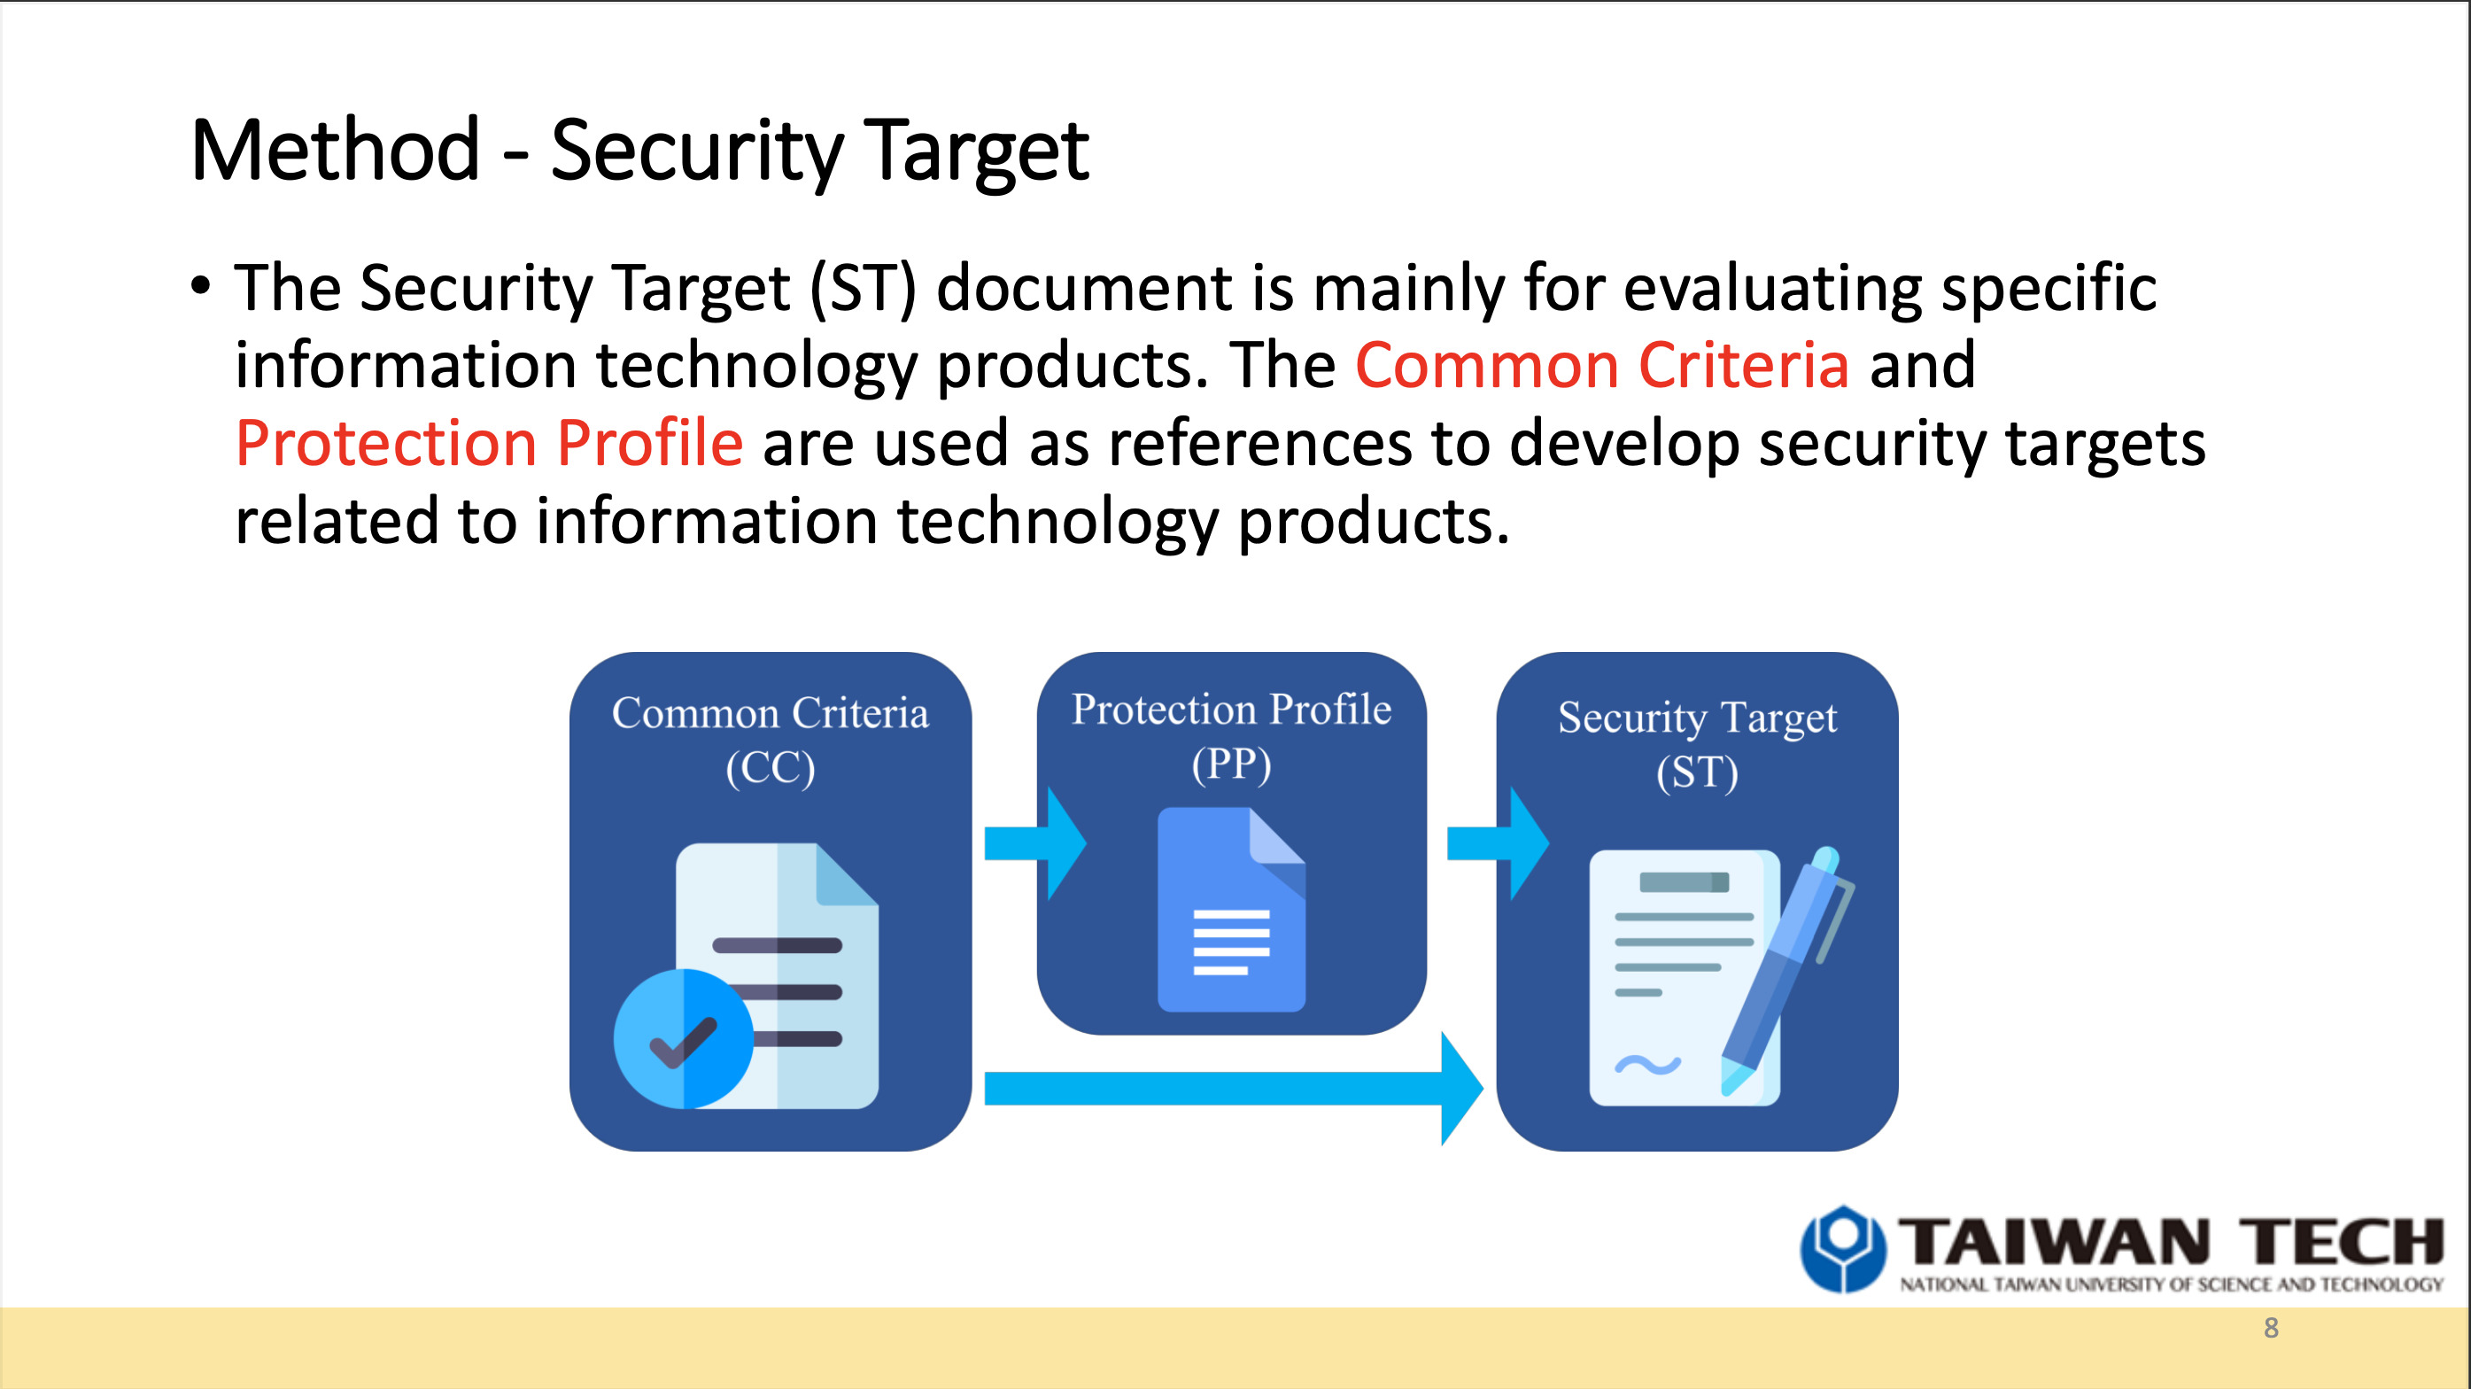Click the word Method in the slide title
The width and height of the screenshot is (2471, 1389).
coord(335,151)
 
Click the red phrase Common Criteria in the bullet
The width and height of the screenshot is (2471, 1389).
coord(1601,366)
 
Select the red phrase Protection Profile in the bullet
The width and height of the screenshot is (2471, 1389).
coord(488,443)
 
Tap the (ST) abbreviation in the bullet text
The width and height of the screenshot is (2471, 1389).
coord(864,288)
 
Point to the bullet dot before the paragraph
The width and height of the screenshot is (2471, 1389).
coord(199,286)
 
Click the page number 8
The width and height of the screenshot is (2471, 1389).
coord(2271,1328)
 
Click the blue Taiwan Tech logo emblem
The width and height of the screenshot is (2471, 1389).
coord(1842,1248)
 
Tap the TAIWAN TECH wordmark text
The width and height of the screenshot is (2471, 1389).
coord(2170,1241)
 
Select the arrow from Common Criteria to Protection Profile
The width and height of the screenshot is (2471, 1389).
coord(1035,843)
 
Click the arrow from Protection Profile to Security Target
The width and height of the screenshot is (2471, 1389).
coord(1498,843)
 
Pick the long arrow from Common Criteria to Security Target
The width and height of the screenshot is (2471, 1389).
coord(1233,1089)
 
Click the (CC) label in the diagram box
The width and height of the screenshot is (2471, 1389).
coord(771,767)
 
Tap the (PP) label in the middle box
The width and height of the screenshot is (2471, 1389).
coord(1232,764)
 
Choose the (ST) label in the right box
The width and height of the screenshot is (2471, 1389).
coord(1697,772)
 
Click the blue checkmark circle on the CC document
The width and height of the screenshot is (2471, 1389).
coord(683,1038)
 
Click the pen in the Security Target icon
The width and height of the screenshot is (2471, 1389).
coord(1786,969)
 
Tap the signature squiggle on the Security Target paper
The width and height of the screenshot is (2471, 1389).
coord(1647,1064)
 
